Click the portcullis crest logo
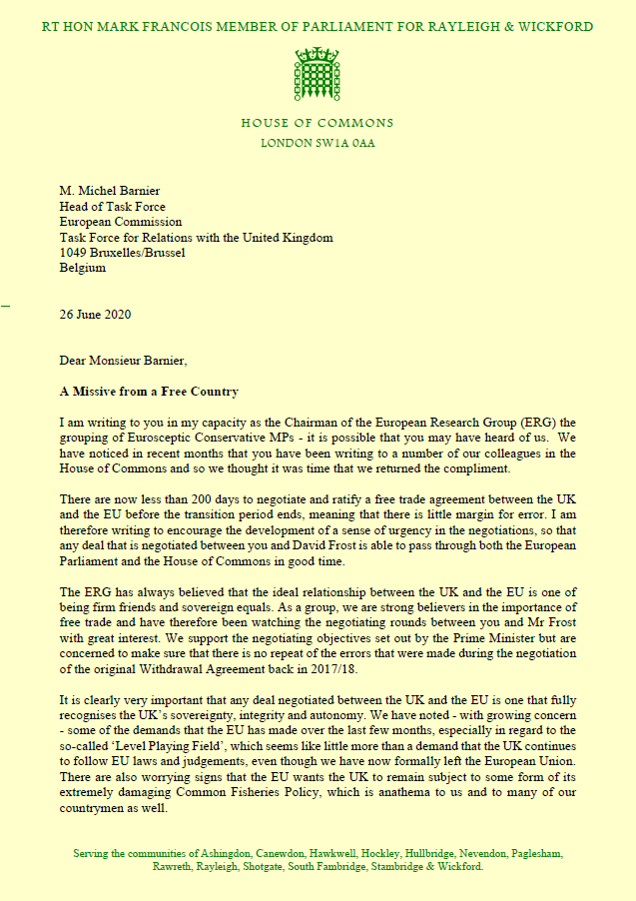318,73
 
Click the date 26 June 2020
95,316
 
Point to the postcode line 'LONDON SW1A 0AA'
318,143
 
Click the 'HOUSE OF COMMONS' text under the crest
318,124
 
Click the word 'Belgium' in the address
83,268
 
